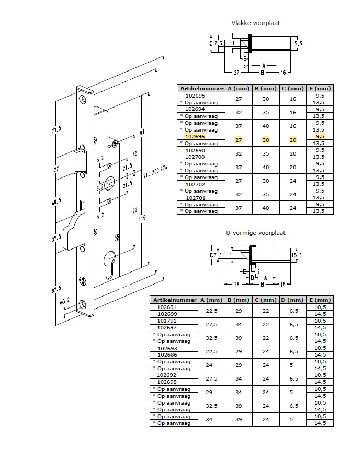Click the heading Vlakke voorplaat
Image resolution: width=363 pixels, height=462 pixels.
[256, 23]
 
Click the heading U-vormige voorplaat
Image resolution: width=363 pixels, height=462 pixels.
[256, 233]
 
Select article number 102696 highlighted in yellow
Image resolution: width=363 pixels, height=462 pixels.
[195, 136]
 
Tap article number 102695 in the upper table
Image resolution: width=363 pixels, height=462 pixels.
[195, 96]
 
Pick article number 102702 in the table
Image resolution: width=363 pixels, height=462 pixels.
[195, 184]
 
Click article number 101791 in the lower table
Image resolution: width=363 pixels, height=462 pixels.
[167, 321]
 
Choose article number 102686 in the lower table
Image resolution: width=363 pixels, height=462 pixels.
[167, 355]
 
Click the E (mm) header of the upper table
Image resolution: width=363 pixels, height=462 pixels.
[320, 88]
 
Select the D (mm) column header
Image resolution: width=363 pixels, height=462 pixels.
[292, 300]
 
